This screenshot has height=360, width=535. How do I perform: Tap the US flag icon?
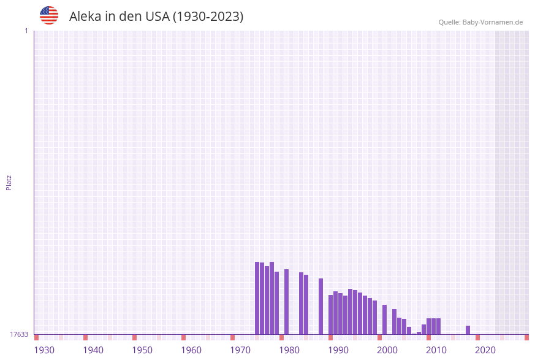point(49,15)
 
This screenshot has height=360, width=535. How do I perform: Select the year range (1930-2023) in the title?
point(208,17)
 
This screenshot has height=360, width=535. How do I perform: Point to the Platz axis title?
point(9,182)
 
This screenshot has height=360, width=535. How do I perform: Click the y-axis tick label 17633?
point(19,334)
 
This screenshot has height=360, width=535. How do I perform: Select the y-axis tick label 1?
point(26,31)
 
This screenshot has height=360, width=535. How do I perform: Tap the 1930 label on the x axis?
point(44,350)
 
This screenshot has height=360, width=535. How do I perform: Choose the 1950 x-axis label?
point(142,350)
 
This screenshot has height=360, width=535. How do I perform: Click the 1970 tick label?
point(240,350)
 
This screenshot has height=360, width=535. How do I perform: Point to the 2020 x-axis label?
point(485,350)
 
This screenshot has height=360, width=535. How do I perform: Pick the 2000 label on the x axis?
point(387,350)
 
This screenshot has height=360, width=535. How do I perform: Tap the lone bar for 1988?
point(321,306)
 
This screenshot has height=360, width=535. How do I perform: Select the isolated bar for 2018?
point(468,330)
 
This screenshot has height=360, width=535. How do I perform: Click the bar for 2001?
point(384,320)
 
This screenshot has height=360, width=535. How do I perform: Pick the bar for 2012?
point(438,326)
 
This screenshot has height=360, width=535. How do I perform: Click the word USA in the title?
point(157,17)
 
